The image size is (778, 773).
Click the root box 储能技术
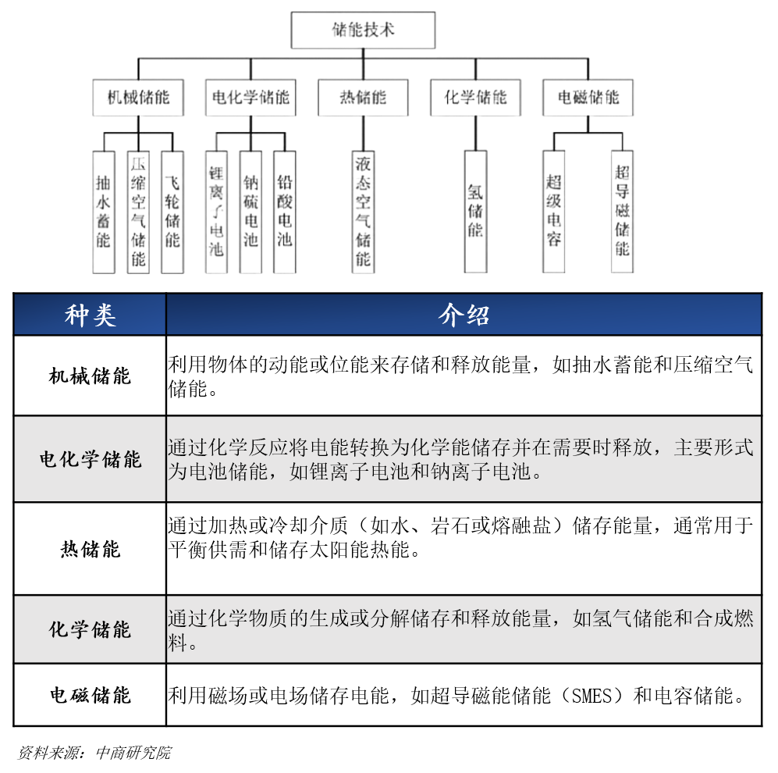click(363, 30)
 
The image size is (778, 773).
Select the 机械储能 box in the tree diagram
click(138, 98)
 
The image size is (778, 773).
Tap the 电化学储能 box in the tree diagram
click(250, 98)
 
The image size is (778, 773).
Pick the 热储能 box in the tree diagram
click(363, 98)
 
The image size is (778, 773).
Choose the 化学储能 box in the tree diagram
click(475, 98)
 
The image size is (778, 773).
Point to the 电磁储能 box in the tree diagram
click(588, 98)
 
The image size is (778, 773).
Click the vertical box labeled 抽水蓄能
click(104, 212)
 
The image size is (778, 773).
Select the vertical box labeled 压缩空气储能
click(138, 212)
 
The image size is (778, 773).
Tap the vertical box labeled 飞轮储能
click(172, 212)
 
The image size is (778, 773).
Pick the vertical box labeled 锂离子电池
click(216, 212)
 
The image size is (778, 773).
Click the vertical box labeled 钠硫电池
click(250, 212)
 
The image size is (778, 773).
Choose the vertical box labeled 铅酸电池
click(285, 212)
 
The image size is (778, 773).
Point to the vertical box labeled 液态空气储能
click(363, 212)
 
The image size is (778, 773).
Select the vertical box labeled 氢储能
click(475, 212)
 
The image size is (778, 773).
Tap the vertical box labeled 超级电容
click(554, 212)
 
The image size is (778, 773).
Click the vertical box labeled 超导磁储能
click(622, 212)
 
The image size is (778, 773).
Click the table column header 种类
click(90, 315)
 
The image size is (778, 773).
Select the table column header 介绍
click(464, 315)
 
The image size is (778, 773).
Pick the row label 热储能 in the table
click(90, 549)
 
